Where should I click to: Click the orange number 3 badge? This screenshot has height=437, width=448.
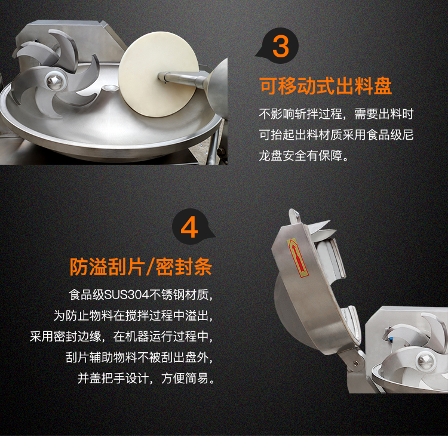(280, 46)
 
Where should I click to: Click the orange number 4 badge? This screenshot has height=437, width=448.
(190, 227)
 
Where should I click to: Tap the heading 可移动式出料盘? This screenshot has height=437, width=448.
(326, 86)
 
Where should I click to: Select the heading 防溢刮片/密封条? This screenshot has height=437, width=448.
(141, 267)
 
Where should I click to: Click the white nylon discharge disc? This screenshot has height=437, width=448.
(158, 74)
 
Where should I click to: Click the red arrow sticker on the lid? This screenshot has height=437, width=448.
(297, 258)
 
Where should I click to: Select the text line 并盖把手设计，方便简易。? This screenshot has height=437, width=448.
(146, 378)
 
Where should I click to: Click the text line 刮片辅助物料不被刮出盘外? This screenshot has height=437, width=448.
(139, 358)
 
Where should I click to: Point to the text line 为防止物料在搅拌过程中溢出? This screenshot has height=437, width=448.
(133, 316)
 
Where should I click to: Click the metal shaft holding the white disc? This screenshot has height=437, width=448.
(183, 78)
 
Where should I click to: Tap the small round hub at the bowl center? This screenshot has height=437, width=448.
(108, 88)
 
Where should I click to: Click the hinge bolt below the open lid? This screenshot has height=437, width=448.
(355, 364)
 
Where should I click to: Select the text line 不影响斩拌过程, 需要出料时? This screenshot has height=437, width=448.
(336, 114)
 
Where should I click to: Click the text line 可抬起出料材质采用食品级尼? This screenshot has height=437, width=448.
(336, 135)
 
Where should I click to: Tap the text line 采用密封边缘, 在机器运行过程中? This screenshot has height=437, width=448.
(121, 337)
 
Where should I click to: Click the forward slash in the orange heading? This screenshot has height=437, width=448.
(151, 267)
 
